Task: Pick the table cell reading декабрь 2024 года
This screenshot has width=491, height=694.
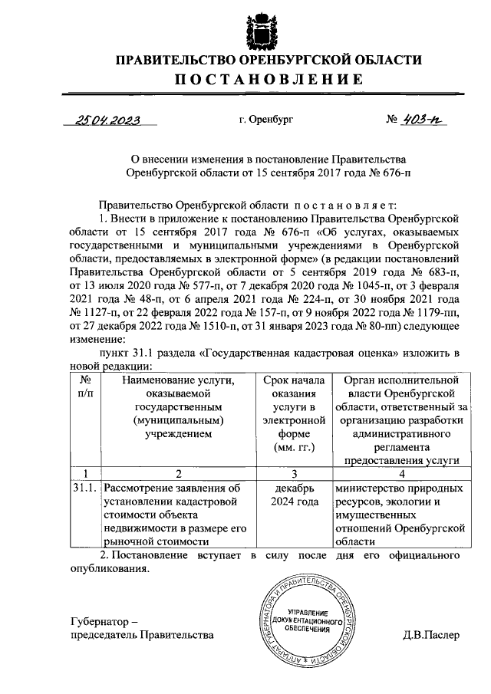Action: click(295, 495)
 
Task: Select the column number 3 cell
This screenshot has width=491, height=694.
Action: click(295, 473)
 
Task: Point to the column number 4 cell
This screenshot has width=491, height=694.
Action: click(402, 473)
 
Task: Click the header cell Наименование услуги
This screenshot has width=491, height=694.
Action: click(179, 407)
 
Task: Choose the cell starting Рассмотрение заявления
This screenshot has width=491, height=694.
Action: click(179, 515)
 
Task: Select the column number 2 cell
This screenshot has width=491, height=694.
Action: click(179, 473)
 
